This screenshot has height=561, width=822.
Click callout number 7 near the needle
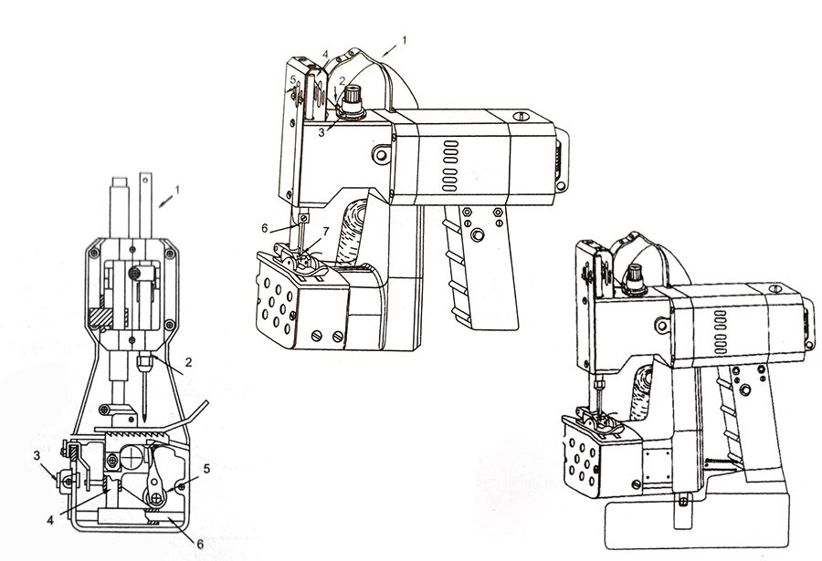[325, 231]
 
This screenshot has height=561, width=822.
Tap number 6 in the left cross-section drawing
[200, 545]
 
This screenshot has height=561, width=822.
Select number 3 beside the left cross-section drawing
[37, 456]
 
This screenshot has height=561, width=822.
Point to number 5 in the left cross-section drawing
[207, 469]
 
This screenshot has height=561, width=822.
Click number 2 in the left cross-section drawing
[189, 361]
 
